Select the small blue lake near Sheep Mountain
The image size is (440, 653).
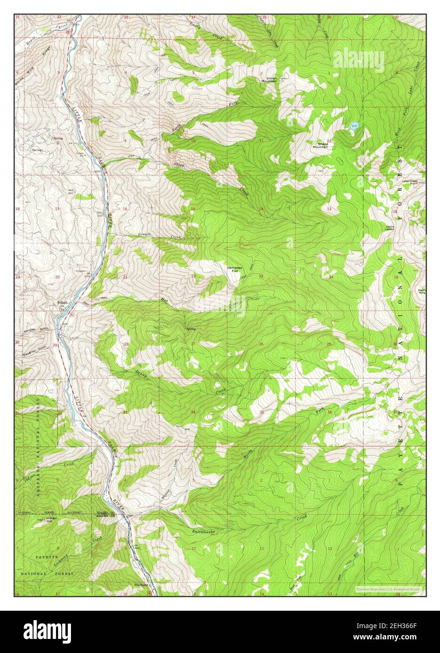(x=354, y=125)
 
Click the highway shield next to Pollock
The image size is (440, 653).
(x=71, y=314)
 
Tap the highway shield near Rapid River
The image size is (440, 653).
(x=68, y=31)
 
